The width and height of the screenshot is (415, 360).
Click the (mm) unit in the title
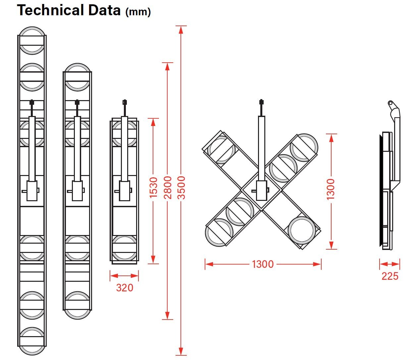[x=138, y=12]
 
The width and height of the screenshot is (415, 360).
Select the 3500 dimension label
[x=182, y=188]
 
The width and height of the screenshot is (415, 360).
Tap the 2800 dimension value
[x=168, y=188]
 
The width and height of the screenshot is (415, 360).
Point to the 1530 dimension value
[x=153, y=188]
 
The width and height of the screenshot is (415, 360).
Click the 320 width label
[x=125, y=287]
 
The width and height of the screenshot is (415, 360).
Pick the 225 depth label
[x=390, y=276]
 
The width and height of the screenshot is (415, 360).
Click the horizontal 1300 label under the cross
[x=263, y=264]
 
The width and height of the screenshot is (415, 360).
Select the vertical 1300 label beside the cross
[x=331, y=189]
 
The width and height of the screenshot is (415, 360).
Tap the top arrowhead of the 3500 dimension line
[x=181, y=30]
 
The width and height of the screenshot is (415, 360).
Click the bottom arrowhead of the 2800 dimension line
[x=168, y=315]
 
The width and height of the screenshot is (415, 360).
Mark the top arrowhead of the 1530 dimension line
[x=153, y=122]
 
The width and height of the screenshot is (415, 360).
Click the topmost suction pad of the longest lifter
[x=32, y=40]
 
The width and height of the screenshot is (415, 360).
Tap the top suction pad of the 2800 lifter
[x=77, y=77]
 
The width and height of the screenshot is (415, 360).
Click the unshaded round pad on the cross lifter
[x=302, y=231]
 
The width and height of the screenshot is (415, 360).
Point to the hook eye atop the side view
[x=390, y=103]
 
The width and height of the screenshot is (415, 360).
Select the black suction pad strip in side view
[x=381, y=191]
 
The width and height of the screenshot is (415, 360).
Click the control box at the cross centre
[x=261, y=191]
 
